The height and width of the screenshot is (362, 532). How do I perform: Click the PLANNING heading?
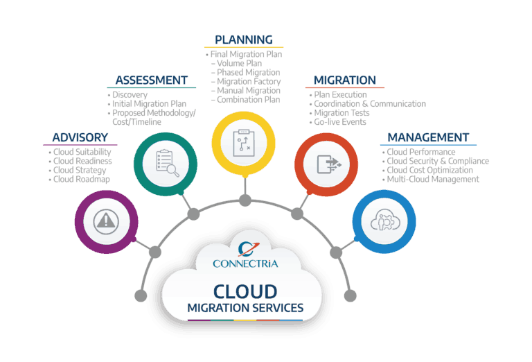pos(244,40)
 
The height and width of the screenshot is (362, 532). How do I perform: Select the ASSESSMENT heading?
pos(152,80)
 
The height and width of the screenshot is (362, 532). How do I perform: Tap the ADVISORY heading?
pos(80,137)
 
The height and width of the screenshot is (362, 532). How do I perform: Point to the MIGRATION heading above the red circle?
pos(345,80)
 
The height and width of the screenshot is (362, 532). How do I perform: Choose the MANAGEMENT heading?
pos(428,137)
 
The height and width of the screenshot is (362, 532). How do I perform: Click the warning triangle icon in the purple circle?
pos(106,222)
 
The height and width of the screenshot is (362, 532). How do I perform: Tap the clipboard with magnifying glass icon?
pos(167,163)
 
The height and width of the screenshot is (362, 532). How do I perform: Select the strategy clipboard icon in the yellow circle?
pos(244,143)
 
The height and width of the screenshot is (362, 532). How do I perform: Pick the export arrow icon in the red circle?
pos(329,164)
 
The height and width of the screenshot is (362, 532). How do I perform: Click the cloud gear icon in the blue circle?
pos(385,220)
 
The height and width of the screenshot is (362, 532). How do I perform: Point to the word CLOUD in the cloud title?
pos(245,292)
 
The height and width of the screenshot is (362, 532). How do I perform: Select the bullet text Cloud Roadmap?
pos(82,180)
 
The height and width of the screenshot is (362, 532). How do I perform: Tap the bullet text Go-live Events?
pos(340,122)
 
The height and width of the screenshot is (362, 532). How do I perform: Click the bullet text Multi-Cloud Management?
pos(433,180)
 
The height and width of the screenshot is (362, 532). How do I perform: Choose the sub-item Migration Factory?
pos(249,82)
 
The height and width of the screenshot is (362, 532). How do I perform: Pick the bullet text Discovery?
pos(130,95)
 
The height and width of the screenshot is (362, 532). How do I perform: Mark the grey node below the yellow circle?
pos(245,200)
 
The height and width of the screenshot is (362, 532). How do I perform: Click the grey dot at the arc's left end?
pos(141,296)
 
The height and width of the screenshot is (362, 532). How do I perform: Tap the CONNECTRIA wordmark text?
pos(245,264)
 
